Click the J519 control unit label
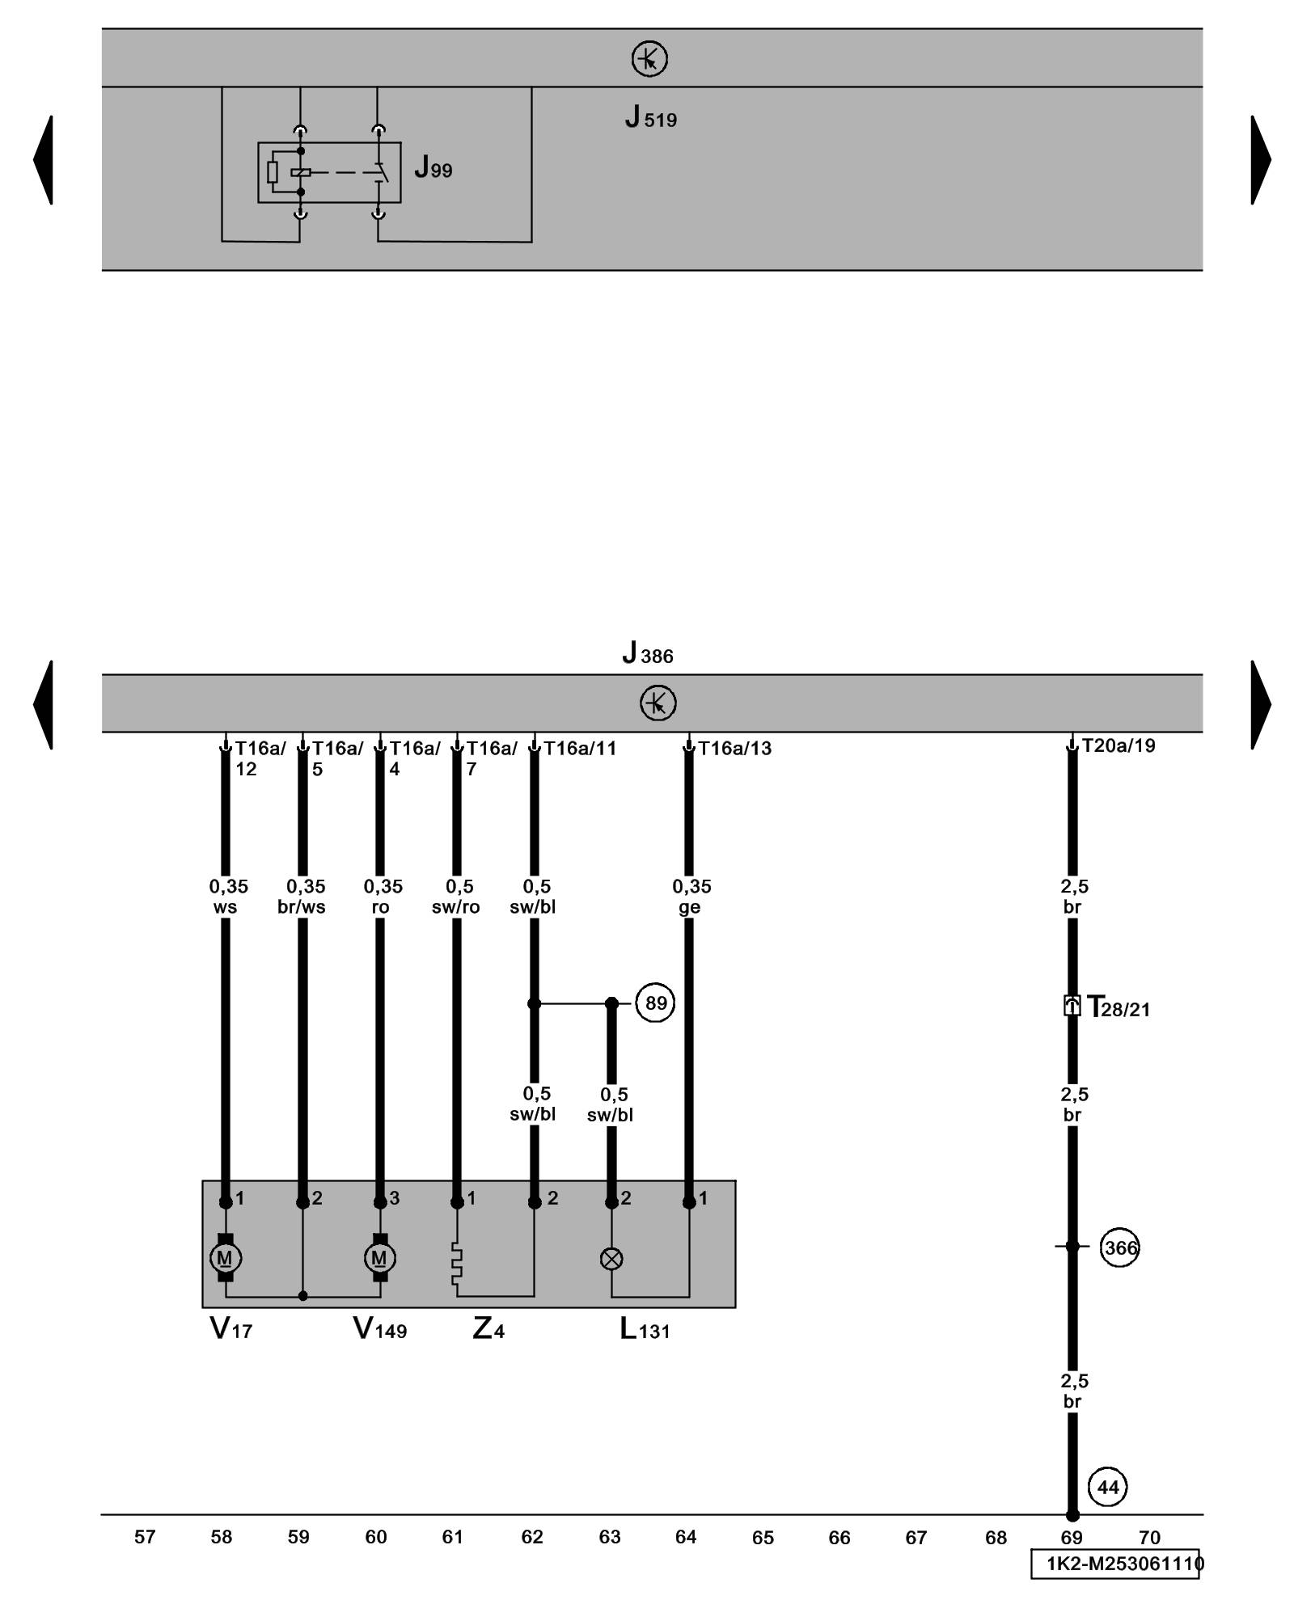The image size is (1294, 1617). tap(650, 118)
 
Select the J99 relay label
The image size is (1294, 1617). tap(433, 168)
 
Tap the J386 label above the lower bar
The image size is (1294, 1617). tap(648, 653)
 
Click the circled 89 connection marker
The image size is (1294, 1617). tap(655, 1003)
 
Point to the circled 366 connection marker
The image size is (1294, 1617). tap(1119, 1248)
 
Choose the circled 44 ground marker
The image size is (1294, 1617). tap(1108, 1487)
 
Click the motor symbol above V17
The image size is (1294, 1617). tap(225, 1258)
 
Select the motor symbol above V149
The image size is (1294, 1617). tap(379, 1258)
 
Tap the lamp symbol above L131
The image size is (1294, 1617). tap(611, 1259)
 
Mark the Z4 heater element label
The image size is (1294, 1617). tap(488, 1328)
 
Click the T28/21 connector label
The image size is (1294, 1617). tap(1118, 1007)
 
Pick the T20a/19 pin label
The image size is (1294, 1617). tap(1119, 745)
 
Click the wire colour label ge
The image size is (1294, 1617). tap(689, 907)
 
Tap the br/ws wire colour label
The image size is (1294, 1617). tap(301, 907)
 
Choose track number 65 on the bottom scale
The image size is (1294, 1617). tap(763, 1538)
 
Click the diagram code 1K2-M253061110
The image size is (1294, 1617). tap(1115, 1564)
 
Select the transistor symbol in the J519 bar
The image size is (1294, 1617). tap(649, 59)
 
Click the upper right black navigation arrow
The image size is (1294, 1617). tap(1260, 160)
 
